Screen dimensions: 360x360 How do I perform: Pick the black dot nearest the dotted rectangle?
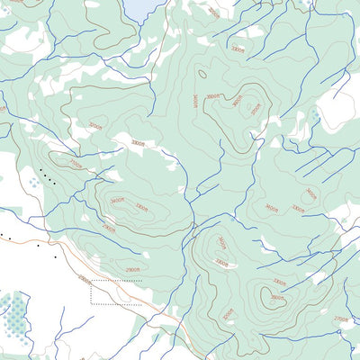click(x=55, y=257)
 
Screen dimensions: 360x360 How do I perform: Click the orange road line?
click(x=135, y=297)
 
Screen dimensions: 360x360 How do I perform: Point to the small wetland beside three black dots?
click(x=33, y=181)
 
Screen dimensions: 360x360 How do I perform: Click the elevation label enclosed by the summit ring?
click(x=277, y=296)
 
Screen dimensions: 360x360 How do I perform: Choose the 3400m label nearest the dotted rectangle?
click(x=117, y=201)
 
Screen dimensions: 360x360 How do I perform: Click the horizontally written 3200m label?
click(x=94, y=126)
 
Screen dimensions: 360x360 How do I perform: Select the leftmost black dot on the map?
click(x=3, y=235)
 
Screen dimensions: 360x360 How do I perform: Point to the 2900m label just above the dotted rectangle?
click(x=132, y=269)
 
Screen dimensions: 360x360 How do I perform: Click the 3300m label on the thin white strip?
click(x=138, y=142)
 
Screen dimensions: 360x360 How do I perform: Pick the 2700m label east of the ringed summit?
click(x=340, y=319)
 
